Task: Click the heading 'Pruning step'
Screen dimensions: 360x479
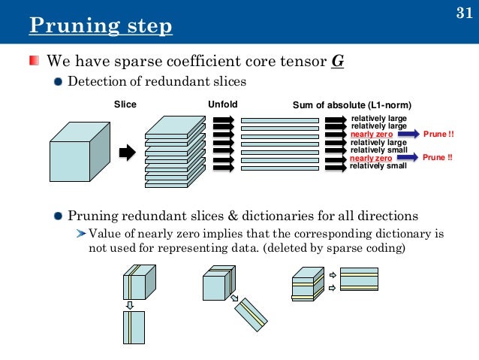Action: [x=101, y=28]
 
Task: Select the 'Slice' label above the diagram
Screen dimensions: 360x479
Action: [x=125, y=104]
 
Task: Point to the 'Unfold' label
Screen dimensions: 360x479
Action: [x=222, y=104]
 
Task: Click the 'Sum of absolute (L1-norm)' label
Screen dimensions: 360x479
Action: [x=351, y=104]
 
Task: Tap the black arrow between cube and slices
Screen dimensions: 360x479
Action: [x=127, y=153]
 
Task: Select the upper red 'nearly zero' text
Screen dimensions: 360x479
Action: [x=371, y=134]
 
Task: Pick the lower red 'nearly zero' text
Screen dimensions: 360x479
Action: [x=371, y=159]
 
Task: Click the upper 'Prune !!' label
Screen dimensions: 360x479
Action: [x=439, y=134]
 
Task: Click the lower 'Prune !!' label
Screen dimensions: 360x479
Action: [x=438, y=159]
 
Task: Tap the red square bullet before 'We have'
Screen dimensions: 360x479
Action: [x=35, y=60]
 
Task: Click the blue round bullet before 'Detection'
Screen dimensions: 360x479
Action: [x=59, y=82]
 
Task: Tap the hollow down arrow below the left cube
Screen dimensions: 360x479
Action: [x=130, y=304]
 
